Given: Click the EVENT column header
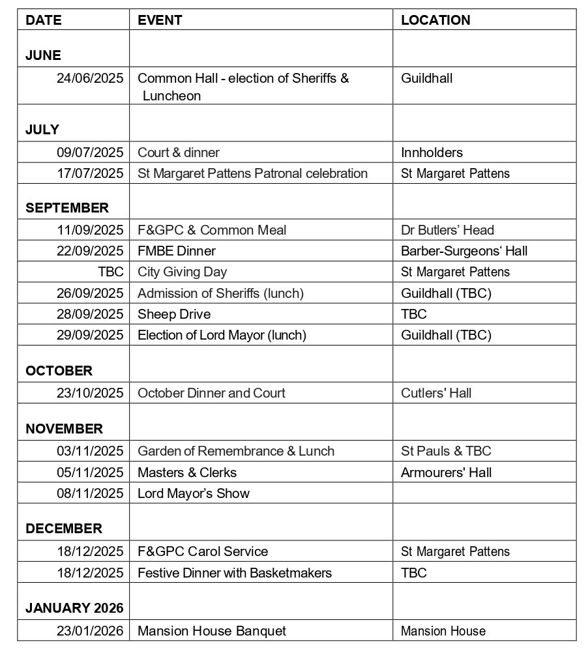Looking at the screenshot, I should [x=160, y=20].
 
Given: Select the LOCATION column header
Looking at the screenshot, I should [x=435, y=20].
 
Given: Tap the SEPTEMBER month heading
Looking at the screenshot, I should [x=67, y=208].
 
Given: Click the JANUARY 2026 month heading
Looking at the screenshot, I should [x=74, y=608].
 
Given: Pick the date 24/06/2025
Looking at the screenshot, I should [x=90, y=78].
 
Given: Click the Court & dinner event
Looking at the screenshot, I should [x=179, y=153].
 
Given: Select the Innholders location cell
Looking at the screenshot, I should [x=432, y=153].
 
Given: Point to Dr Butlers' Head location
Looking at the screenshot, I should [x=447, y=230].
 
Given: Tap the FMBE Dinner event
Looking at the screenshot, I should [x=177, y=251].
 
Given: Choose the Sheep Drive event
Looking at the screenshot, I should [x=174, y=314].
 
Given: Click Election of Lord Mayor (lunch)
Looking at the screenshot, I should [x=222, y=335].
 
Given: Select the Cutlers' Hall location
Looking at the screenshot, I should [x=436, y=393].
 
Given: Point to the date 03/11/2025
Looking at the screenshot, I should [x=90, y=451].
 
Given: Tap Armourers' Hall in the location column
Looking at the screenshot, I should [x=446, y=473].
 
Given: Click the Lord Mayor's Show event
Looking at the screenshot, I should [x=194, y=493].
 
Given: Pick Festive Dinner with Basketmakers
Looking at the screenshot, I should [x=235, y=573].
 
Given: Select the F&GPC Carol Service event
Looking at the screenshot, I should [x=203, y=551].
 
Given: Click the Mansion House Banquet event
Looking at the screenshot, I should [x=212, y=631].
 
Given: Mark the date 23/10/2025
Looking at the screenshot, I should [x=90, y=393].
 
